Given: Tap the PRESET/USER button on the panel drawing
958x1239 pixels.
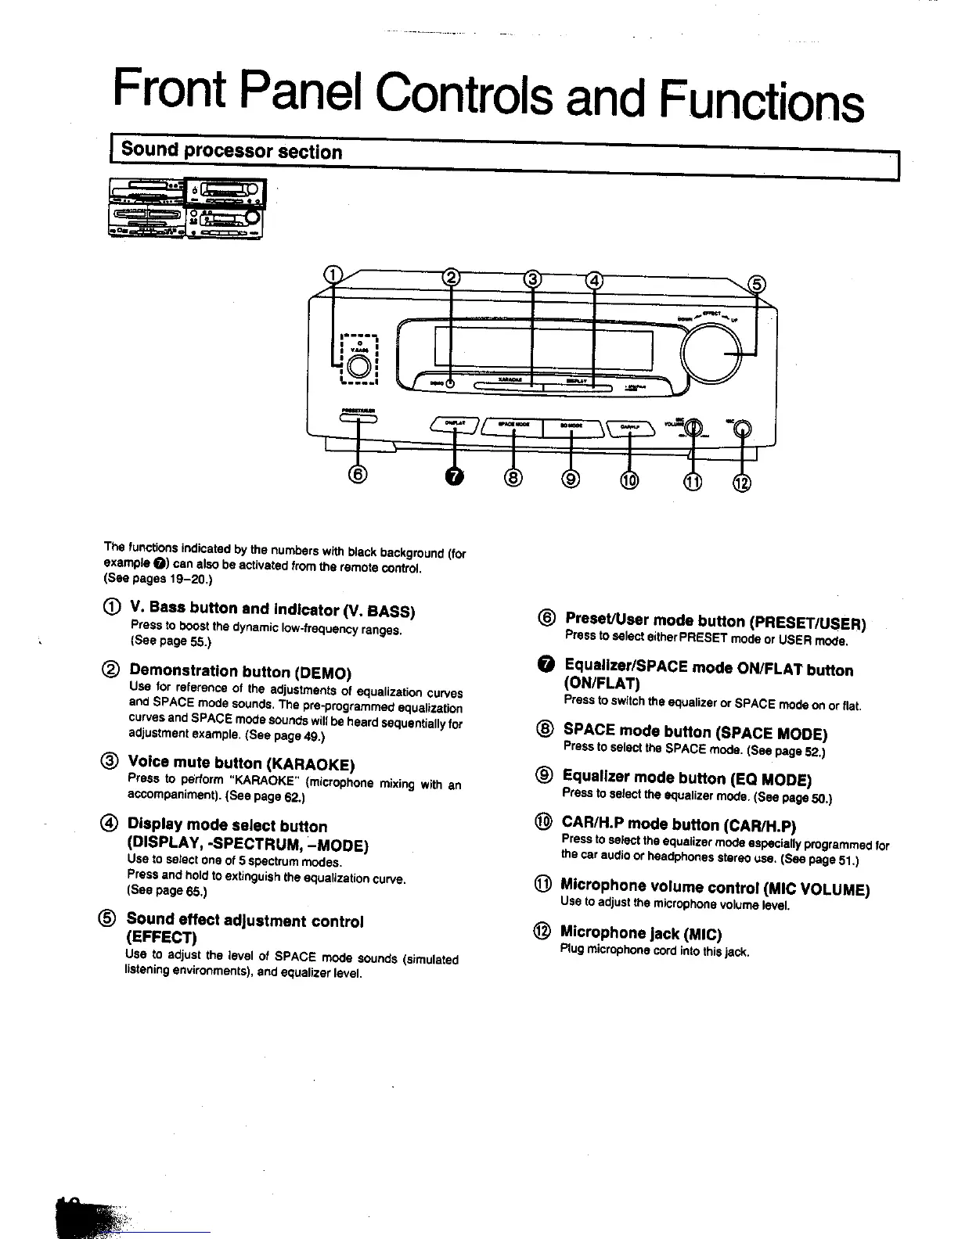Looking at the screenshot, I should point(358,419).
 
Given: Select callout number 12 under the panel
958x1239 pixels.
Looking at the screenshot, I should point(740,483).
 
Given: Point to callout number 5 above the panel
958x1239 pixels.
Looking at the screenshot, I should point(758,285).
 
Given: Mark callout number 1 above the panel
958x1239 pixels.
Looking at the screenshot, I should point(333,274).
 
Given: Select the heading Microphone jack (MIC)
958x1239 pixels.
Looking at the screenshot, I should point(640,933).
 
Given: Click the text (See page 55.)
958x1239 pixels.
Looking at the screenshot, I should point(170,641).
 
